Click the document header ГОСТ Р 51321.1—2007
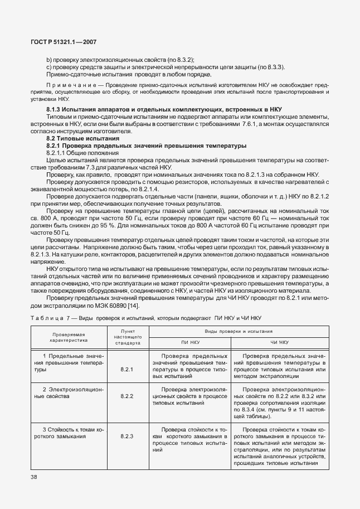[x=64, y=43]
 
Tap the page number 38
[x=35, y=477]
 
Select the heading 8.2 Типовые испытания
[x=82, y=137]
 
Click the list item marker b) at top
[x=49, y=59]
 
